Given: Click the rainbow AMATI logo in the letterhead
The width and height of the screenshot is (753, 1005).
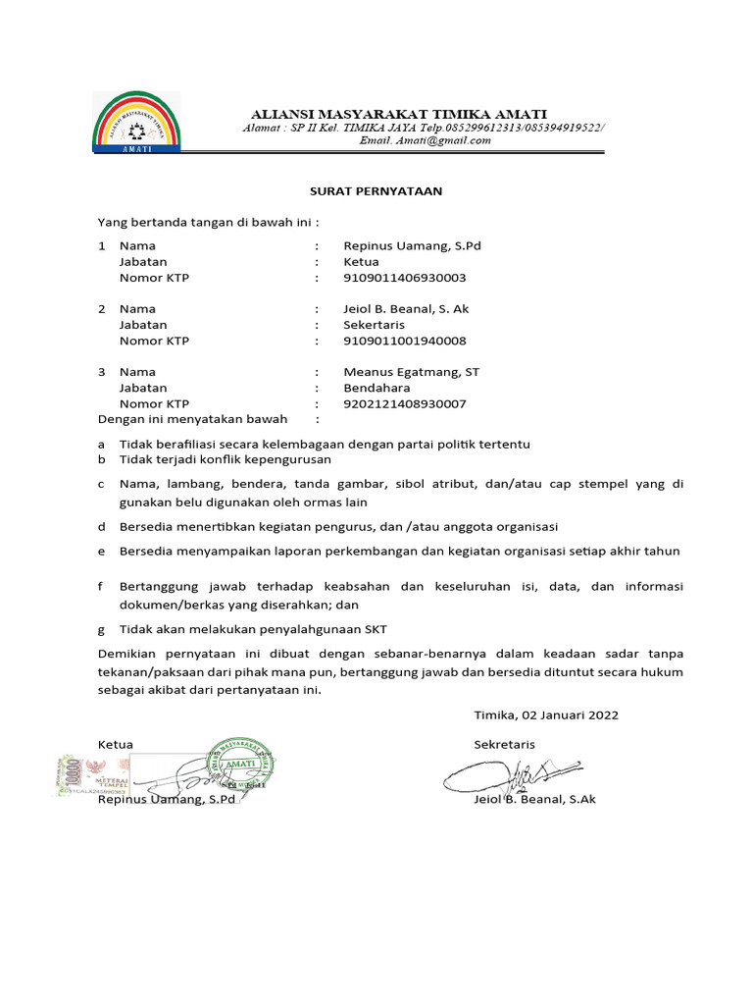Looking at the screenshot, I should (136, 123).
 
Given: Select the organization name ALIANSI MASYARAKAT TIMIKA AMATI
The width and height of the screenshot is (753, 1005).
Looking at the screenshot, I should (400, 113).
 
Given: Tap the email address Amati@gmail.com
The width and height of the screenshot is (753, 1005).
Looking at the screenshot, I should (425, 140).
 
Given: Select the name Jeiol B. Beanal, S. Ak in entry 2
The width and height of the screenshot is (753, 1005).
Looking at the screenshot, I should (406, 309).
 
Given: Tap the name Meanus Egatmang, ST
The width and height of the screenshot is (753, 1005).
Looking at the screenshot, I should (411, 372).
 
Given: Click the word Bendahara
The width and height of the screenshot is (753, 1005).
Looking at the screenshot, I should (376, 388).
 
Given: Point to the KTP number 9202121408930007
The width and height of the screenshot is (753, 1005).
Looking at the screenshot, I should (405, 403).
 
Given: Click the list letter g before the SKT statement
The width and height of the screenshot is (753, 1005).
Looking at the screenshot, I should (101, 628).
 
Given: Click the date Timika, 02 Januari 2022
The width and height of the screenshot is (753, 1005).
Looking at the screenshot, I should (546, 715).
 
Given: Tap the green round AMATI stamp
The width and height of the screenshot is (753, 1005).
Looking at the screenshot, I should (239, 763).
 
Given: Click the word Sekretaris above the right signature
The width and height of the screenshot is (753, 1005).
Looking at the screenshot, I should (505, 744).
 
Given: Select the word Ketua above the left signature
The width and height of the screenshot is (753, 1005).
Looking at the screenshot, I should (116, 744).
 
